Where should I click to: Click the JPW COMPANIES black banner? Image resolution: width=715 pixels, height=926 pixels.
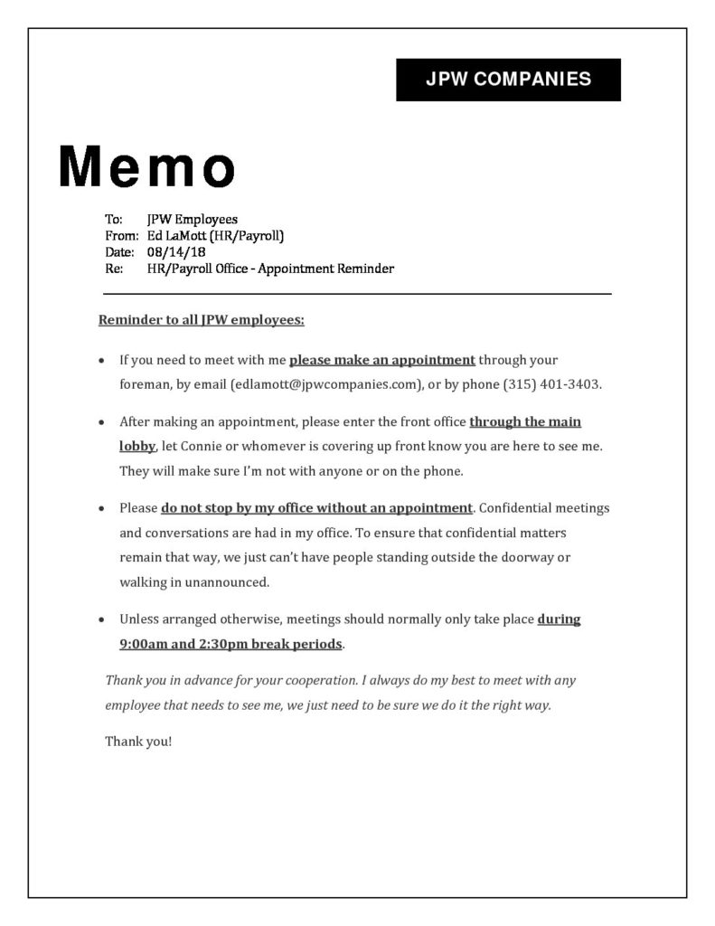click(x=508, y=79)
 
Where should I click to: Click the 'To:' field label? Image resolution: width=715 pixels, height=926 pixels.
click(x=113, y=219)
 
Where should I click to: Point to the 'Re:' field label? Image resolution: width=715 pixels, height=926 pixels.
click(x=114, y=269)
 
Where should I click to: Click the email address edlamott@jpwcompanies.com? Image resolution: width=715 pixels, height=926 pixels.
click(x=326, y=384)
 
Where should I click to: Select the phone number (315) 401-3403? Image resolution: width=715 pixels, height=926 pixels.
click(x=551, y=384)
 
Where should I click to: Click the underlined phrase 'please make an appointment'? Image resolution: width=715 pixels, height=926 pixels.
click(x=381, y=360)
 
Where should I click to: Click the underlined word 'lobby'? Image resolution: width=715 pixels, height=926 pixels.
click(x=137, y=447)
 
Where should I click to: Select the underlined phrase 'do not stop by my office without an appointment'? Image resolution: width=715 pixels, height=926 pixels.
click(x=316, y=508)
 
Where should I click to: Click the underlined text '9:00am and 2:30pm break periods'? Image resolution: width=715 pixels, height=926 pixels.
click(x=231, y=645)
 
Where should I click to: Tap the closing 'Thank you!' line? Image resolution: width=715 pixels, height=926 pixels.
click(x=138, y=742)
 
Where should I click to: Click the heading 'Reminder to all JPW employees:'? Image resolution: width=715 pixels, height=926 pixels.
click(x=201, y=320)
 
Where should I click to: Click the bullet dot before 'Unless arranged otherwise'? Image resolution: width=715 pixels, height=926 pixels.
click(x=101, y=621)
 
